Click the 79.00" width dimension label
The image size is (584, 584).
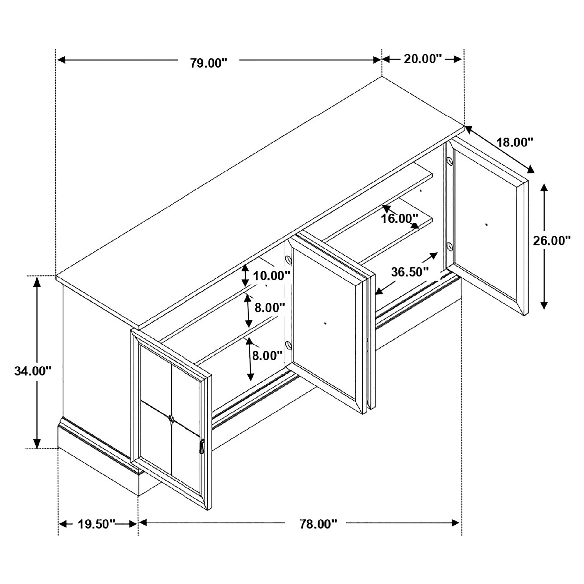208,63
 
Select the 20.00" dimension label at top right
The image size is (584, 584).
423,59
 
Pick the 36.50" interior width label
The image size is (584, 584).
410,272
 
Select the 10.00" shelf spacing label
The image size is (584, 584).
271,276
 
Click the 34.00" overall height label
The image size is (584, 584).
33,371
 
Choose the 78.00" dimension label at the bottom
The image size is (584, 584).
318,524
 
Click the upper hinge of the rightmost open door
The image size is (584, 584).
449,160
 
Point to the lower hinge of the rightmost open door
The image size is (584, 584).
449,246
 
